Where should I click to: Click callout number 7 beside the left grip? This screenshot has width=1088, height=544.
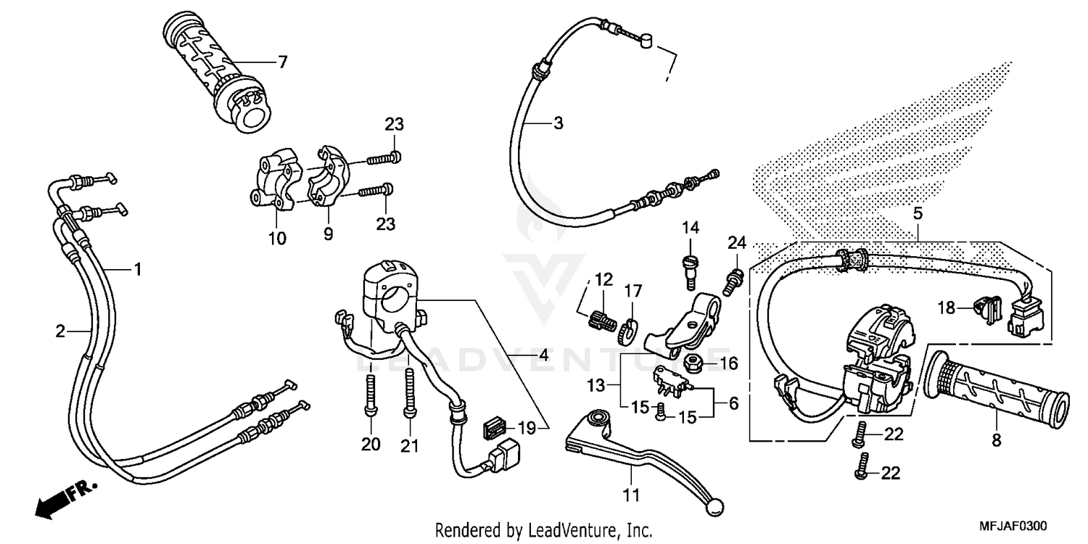pyautogui.click(x=283, y=62)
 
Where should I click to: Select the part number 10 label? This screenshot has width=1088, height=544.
pyautogui.click(x=277, y=237)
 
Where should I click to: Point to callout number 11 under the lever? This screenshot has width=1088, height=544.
pyautogui.click(x=631, y=496)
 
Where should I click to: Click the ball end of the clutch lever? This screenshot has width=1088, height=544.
pyautogui.click(x=716, y=506)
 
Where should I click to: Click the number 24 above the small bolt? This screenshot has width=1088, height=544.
pyautogui.click(x=737, y=242)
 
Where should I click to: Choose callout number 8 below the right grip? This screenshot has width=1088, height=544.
pyautogui.click(x=996, y=440)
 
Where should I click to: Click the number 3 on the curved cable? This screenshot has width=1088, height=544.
pyautogui.click(x=578, y=123)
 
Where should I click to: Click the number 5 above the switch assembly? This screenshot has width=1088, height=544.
pyautogui.click(x=918, y=213)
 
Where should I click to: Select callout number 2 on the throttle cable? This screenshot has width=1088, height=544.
pyautogui.click(x=61, y=331)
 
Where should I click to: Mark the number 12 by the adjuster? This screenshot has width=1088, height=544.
pyautogui.click(x=604, y=279)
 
